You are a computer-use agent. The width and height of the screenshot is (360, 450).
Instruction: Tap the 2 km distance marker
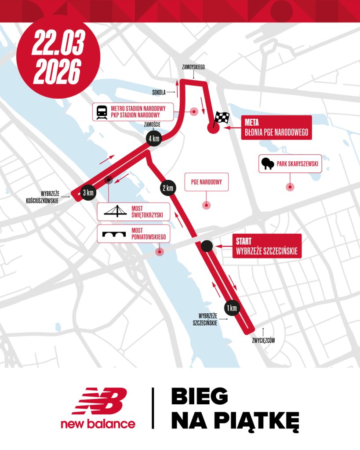pyautogui.click(x=168, y=188)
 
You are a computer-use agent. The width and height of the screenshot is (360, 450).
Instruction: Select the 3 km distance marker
pyautogui.click(x=88, y=192)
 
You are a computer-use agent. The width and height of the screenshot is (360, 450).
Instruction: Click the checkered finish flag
pyautogui.click(x=222, y=117)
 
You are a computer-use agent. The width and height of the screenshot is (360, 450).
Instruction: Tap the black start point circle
pyautogui.click(x=207, y=247)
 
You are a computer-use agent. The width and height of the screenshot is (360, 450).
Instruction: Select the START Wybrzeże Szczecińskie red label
pyautogui.click(x=267, y=246)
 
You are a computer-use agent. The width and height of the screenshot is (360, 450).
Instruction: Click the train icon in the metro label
pyautogui.click(x=102, y=112)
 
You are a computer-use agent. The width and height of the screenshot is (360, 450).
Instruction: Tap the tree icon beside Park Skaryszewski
pyautogui.click(x=267, y=164)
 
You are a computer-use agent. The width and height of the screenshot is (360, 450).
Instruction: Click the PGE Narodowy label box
pyautogui.click(x=207, y=181)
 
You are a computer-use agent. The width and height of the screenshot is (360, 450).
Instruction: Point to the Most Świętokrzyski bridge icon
pyautogui.click(x=115, y=212)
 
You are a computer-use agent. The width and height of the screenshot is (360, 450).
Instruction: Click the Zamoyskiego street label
pyautogui.click(x=193, y=67)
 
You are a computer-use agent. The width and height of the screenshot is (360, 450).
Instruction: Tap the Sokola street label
pyautogui.click(x=159, y=92)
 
